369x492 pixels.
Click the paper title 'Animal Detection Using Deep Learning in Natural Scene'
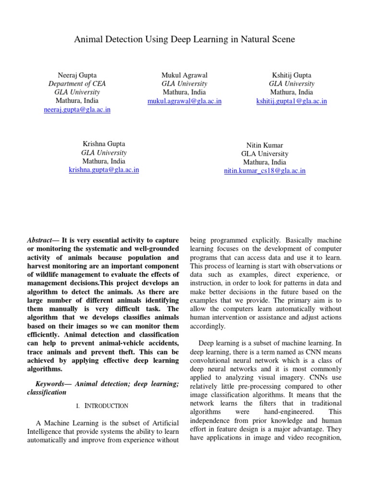(184, 39)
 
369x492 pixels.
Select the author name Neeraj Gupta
(77, 75)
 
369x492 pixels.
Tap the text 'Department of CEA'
(77, 84)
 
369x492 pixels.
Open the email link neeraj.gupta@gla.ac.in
(77, 110)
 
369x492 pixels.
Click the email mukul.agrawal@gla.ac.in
(184, 101)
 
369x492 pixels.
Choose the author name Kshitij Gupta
(291, 75)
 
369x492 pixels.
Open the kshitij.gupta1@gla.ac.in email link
(291, 101)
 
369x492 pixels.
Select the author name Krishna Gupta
(104, 144)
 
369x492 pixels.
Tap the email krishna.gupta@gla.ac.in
(104, 170)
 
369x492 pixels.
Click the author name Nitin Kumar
(265, 145)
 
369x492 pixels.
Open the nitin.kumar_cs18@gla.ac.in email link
(265, 171)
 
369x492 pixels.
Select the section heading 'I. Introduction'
(102, 406)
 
